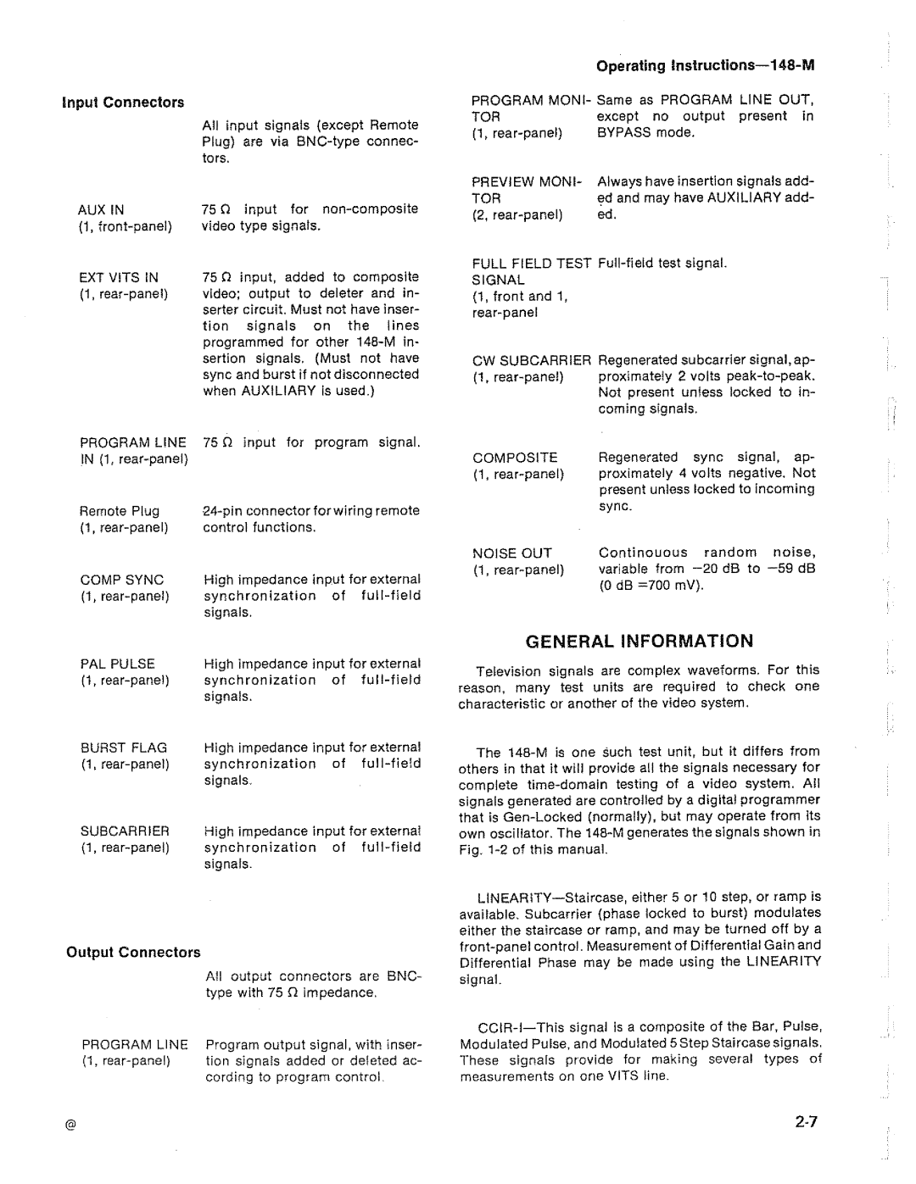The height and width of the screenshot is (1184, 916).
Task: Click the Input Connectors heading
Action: point(122,103)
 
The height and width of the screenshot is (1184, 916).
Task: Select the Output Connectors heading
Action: point(134,953)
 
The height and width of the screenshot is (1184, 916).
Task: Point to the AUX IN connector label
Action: point(101,209)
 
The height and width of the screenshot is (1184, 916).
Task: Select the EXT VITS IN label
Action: point(119,277)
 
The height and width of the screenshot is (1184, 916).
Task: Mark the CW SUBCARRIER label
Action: point(531,360)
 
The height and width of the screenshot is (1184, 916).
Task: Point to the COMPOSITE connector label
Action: point(515,458)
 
